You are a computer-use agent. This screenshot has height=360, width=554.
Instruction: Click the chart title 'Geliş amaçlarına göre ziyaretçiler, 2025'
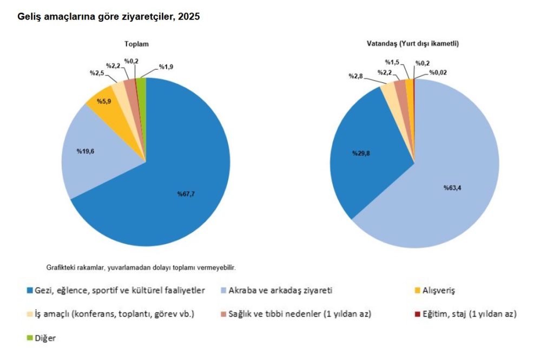tap(109, 17)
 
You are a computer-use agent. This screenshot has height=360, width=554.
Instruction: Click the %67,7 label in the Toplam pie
tap(186, 194)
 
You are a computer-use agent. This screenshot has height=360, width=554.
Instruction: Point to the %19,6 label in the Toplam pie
tap(85, 151)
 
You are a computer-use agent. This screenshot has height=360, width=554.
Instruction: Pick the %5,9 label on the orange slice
tap(104, 101)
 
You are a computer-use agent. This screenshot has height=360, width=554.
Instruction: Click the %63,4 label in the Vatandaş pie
tap(453, 188)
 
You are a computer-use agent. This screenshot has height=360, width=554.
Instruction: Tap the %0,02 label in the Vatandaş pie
tap(438, 72)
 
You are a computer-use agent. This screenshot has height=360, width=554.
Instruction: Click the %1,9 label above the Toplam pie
tap(166, 68)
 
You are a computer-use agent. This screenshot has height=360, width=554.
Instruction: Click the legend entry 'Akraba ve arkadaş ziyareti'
tap(280, 290)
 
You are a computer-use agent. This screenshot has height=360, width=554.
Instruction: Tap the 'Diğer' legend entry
tap(45, 338)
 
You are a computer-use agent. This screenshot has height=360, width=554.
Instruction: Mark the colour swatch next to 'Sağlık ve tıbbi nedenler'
tap(224, 314)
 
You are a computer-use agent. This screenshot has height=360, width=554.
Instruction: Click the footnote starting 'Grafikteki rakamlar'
tap(141, 267)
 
